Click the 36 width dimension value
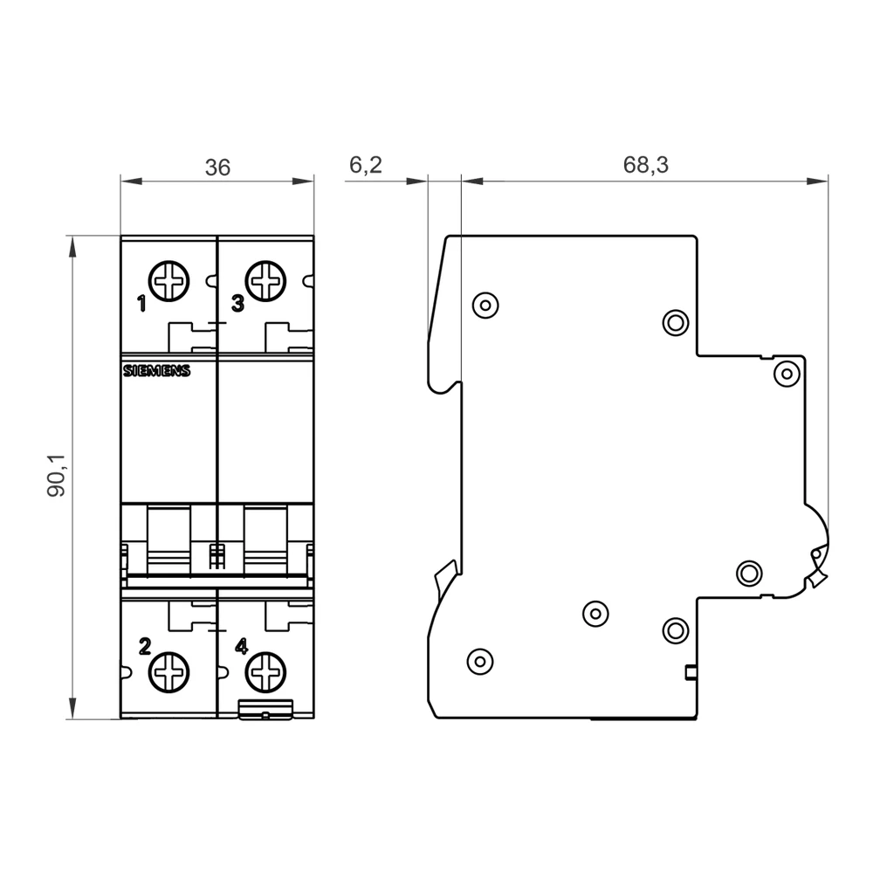[217, 168]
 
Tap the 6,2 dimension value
[365, 165]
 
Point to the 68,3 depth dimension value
[646, 165]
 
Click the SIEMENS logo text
[155, 371]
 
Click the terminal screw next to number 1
[169, 281]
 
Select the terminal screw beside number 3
[265, 281]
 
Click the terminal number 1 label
[141, 305]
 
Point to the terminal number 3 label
[237, 304]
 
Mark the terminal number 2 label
[145, 647]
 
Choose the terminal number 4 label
[242, 647]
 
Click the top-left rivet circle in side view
[484, 304]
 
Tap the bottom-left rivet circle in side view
[478, 659]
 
